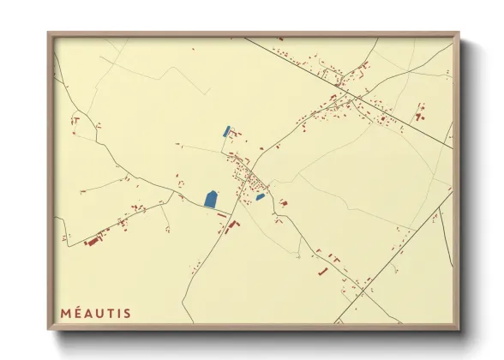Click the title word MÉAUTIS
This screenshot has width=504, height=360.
pos(96,313)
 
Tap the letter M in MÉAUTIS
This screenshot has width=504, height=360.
pos(65,313)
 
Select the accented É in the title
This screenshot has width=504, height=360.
pos(79,313)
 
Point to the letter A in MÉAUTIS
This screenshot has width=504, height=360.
pos(90,313)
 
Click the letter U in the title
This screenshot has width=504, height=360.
pos(102,313)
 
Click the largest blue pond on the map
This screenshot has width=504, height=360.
pos(211,199)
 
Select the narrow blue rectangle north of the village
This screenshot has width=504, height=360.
pos(226,132)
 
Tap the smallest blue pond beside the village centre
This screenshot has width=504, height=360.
pos(260,197)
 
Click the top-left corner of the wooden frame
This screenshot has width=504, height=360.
pos(48,34)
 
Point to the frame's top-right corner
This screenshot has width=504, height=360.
pos(459,34)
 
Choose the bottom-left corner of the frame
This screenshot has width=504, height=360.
pos(48,330)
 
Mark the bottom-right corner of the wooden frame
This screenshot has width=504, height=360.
pos(459,330)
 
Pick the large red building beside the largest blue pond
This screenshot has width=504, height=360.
pos(231,225)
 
